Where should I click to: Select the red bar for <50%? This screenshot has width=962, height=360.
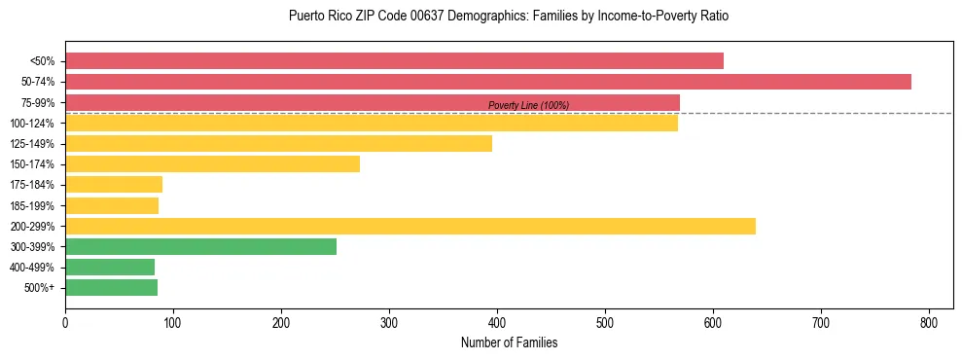click(x=394, y=61)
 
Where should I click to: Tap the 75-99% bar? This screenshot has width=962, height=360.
click(x=373, y=102)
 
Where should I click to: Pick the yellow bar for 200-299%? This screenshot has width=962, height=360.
click(x=410, y=227)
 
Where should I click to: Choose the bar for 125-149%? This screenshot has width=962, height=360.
click(x=278, y=144)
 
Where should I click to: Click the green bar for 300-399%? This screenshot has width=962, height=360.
click(x=200, y=247)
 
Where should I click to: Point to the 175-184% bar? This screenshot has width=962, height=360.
click(x=114, y=185)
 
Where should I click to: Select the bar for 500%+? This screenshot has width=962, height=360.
click(x=111, y=288)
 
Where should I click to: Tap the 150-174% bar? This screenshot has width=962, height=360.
click(x=212, y=164)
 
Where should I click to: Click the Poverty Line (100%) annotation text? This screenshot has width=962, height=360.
click(x=528, y=105)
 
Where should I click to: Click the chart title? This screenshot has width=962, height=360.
click(x=509, y=17)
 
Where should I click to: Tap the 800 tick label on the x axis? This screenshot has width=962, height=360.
click(x=929, y=323)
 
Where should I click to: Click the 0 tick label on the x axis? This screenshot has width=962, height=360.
click(x=65, y=323)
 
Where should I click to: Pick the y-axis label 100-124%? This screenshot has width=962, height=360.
click(x=32, y=124)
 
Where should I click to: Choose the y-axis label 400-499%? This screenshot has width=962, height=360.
click(x=32, y=268)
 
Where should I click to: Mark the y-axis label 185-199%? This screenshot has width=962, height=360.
click(x=32, y=206)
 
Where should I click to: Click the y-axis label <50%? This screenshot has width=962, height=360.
click(x=42, y=61)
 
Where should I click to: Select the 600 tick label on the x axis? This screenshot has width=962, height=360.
click(x=713, y=323)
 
